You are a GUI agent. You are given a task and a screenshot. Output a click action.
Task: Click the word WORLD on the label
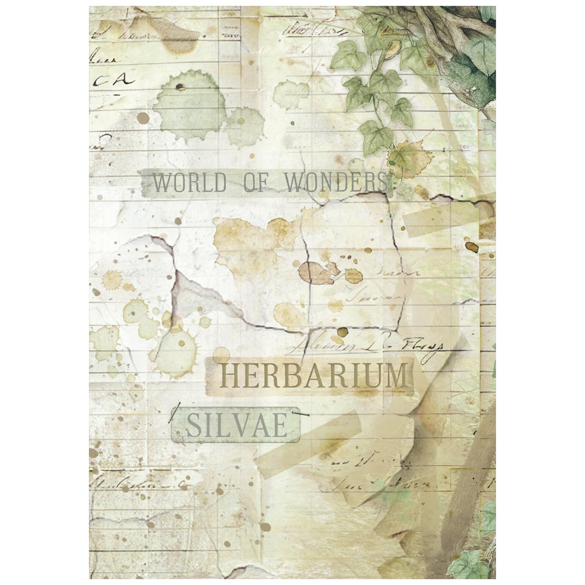pyautogui.click(x=189, y=183)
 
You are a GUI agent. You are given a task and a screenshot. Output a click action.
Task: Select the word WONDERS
pyautogui.click(x=336, y=183)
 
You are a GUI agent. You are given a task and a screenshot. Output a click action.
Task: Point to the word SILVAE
pyautogui.click(x=236, y=425)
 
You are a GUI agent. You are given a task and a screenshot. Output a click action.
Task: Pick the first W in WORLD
pyautogui.click(x=162, y=183)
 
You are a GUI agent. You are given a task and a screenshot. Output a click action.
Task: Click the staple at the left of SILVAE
pyautogui.click(x=173, y=414)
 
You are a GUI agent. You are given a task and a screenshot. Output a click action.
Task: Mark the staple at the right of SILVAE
pyautogui.click(x=303, y=414)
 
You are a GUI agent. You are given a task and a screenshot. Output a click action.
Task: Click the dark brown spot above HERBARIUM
pyautogui.click(x=342, y=332)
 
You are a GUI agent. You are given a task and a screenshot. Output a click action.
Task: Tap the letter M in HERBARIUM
pyautogui.click(x=395, y=376)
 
